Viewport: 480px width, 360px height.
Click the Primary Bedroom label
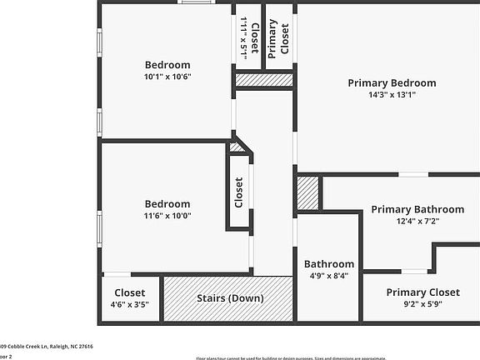[392, 82]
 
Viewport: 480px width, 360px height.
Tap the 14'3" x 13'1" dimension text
[392, 95]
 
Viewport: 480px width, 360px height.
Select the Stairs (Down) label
[230, 298]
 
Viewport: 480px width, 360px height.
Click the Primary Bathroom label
[417, 209]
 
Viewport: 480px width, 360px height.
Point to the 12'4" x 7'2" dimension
[417, 222]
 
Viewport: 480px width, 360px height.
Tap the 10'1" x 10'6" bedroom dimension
[167, 77]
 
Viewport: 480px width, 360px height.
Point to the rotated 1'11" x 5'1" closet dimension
[243, 37]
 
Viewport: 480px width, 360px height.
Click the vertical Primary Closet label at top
[278, 37]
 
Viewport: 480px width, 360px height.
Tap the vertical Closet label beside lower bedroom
[239, 192]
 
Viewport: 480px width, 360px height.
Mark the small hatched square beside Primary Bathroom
[308, 192]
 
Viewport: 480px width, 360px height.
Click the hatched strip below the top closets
[263, 80]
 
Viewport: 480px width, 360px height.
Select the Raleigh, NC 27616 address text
[58, 346]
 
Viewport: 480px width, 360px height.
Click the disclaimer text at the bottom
[333, 357]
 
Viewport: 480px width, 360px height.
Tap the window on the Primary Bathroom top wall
[412, 174]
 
